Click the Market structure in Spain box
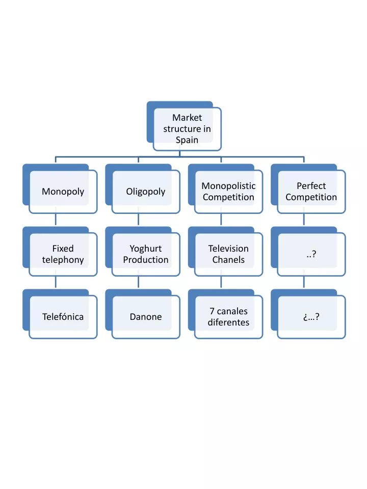pos(187,129)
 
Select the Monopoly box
pos(63,192)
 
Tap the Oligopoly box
pos(146,192)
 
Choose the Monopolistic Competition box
pos(228,192)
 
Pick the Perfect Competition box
pos(311,192)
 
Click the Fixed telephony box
pos(63,254)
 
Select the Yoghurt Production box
pos(146,254)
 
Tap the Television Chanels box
pos(228,254)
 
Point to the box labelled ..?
pos(311,254)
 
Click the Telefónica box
pos(63,317)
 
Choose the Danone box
pos(146,317)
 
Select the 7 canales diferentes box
pos(228,317)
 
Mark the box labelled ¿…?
pos(311,317)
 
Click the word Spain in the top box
pos(187,140)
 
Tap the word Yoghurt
pos(146,249)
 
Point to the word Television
pos(228,249)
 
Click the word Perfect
pos(311,186)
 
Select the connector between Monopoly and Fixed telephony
pos(56,220)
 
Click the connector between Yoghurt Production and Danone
pos(138,282)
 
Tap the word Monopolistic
pos(228,186)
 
